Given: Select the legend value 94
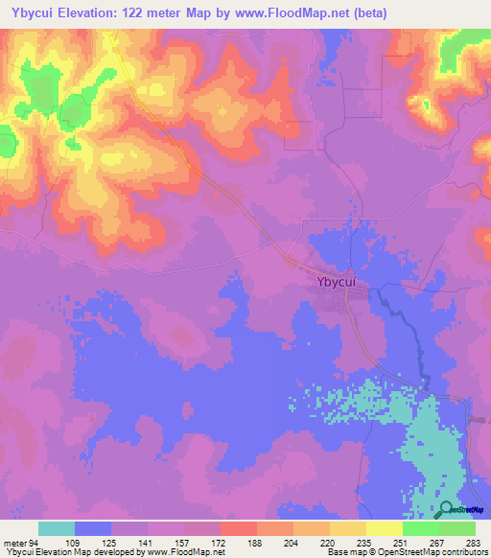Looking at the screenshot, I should [35, 542].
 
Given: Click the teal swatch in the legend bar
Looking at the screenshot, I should [57, 528].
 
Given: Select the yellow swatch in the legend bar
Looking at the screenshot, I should [384, 528].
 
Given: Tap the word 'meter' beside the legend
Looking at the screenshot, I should [14, 542].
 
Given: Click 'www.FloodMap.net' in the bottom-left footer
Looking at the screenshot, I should [183, 552].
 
